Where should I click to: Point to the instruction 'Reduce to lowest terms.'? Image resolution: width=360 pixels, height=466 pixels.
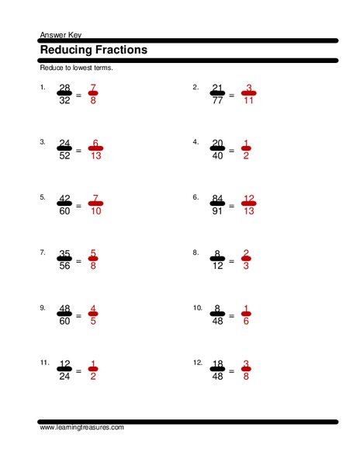[76, 68]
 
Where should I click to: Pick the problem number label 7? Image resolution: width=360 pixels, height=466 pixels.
[42, 252]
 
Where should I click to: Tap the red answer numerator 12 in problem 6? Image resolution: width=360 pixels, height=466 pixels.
[248, 199]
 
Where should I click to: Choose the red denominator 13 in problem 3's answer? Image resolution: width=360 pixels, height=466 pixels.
[94, 156]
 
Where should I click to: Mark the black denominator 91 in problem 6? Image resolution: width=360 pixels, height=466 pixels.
[219, 212]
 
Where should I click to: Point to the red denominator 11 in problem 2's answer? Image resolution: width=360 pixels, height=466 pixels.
[248, 101]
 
